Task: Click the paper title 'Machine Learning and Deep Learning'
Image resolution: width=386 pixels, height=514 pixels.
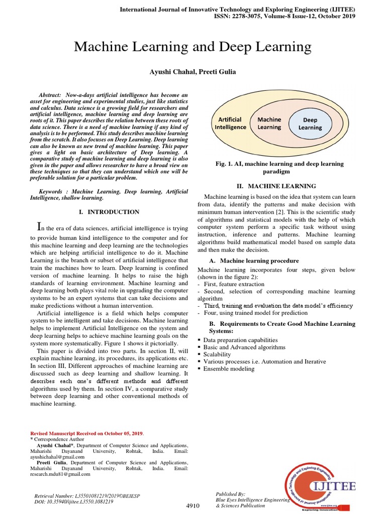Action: [x=193, y=47]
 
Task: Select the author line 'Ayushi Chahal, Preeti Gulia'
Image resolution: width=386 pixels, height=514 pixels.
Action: [x=193, y=72]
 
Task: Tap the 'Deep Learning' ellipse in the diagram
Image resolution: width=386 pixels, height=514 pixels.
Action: [x=310, y=123]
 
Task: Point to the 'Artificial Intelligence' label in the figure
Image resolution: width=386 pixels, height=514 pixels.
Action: [x=231, y=123]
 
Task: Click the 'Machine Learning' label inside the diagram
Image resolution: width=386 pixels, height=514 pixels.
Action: [x=269, y=123]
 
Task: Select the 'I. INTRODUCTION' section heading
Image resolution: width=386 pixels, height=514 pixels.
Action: [x=109, y=212]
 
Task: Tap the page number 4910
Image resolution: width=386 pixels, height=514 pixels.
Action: [x=193, y=505]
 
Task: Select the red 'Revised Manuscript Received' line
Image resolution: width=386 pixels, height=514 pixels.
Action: [x=87, y=433]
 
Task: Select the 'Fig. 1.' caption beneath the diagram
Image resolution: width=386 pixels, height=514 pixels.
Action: [x=279, y=168]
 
